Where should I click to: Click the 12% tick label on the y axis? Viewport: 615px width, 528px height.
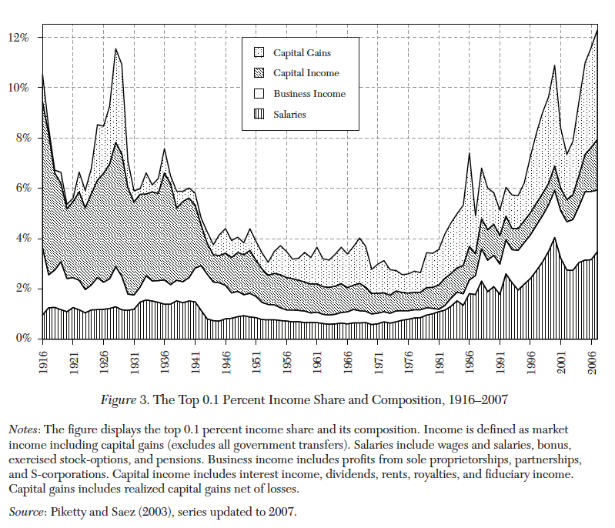(x=19, y=37)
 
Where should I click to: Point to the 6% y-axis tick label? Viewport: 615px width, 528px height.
(x=22, y=188)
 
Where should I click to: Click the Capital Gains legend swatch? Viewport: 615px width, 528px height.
(x=259, y=53)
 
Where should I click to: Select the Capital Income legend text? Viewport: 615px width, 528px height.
(x=306, y=74)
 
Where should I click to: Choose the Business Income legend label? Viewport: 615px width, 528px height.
(x=309, y=94)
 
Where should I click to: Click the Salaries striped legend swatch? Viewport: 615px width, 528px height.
(x=259, y=114)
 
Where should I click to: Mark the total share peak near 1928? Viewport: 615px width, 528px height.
(x=116, y=49)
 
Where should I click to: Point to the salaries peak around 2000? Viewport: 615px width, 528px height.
(x=554, y=238)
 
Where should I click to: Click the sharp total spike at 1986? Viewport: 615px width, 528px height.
(x=469, y=154)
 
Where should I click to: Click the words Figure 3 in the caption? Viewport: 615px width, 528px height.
(x=125, y=400)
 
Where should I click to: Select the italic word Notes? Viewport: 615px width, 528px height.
(x=24, y=428)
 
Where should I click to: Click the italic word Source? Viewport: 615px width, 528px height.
(x=27, y=511)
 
